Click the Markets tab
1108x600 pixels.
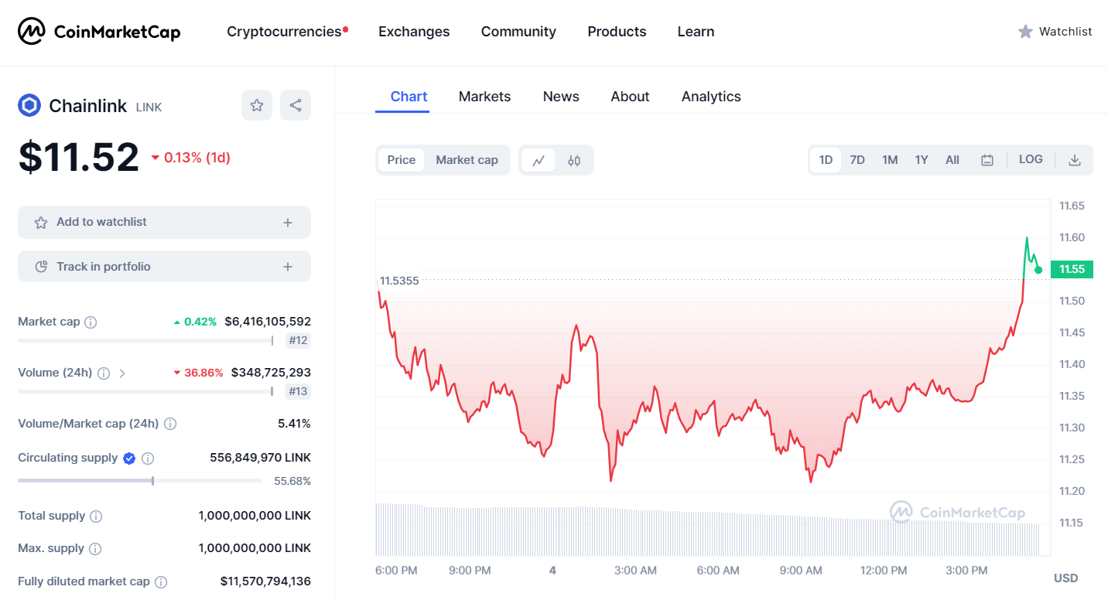[484, 97]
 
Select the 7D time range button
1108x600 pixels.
[857, 160]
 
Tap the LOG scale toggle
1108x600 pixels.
[1031, 159]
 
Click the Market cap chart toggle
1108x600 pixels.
[467, 160]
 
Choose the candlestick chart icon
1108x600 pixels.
[574, 161]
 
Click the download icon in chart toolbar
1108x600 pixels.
[1075, 160]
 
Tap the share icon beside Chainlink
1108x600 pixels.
[296, 105]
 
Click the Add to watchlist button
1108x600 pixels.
[164, 223]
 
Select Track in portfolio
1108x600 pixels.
[164, 267]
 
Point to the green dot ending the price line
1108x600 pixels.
[1038, 270]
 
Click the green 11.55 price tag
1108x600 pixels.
[1072, 269]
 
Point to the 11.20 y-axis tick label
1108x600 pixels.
[1072, 491]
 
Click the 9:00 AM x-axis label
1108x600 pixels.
[801, 571]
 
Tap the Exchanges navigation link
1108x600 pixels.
[414, 32]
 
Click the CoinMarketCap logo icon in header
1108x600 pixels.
[32, 31]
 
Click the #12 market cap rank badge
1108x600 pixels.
[298, 340]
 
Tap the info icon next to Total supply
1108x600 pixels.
[96, 516]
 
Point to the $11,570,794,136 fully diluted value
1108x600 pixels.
[265, 581]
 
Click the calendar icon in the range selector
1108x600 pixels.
[987, 160]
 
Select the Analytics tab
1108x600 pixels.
[711, 97]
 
